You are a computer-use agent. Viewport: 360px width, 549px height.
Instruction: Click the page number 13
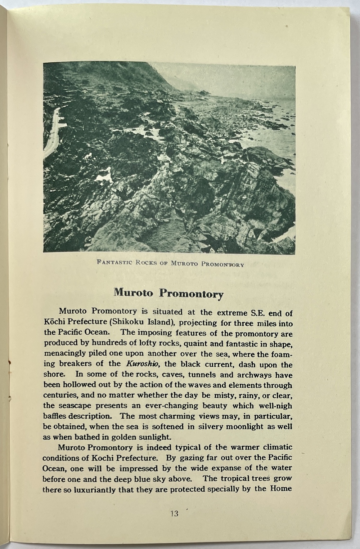(x=174, y=514)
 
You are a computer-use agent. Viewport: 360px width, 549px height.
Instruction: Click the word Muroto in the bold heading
(x=134, y=292)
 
